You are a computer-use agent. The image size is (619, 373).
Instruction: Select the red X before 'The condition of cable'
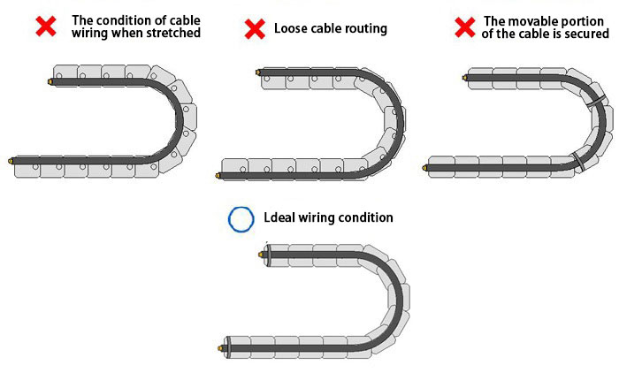[x=46, y=27]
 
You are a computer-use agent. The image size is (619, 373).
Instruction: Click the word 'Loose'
[x=291, y=28]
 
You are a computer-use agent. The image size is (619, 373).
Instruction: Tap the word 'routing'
[x=365, y=29]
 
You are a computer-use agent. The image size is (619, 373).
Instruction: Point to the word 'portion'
[x=585, y=21]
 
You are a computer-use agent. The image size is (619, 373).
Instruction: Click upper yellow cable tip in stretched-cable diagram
[x=50, y=81]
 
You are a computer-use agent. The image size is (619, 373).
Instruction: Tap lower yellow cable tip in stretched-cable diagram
[x=11, y=161]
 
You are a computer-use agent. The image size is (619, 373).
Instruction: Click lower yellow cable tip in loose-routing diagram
[x=218, y=175]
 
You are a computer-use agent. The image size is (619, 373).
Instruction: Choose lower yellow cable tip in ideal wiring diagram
[x=219, y=347]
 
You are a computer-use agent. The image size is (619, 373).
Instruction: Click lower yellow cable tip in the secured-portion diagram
[x=429, y=166]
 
